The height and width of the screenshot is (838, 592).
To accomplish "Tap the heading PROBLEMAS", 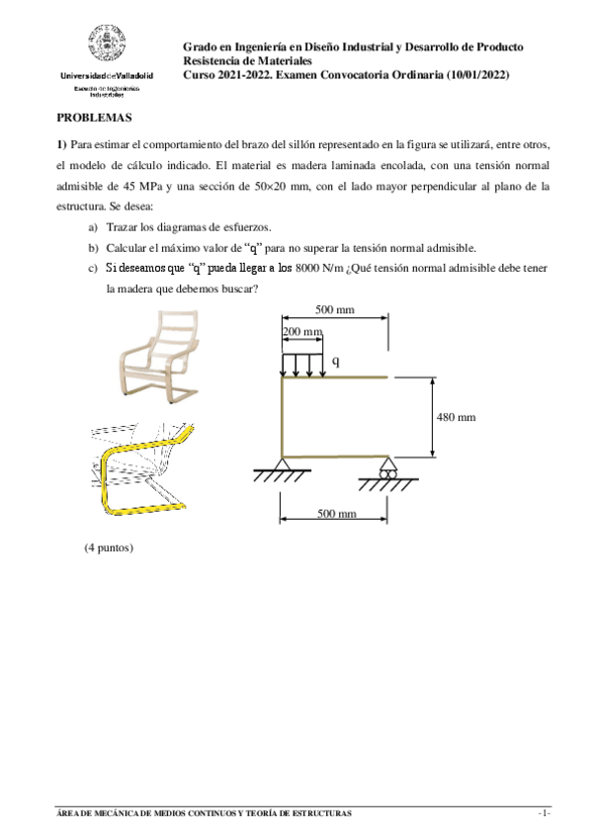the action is tap(94, 117).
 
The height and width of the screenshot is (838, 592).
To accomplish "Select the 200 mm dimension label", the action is tap(303, 331).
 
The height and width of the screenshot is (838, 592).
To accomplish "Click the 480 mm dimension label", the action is tap(456, 417).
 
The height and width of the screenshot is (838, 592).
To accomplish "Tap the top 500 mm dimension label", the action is tap(335, 309).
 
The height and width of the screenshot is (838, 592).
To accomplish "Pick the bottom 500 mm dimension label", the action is tap(335, 514).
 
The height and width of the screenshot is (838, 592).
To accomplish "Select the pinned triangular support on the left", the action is tap(282, 465).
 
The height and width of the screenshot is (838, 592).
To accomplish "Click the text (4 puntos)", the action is tap(108, 546).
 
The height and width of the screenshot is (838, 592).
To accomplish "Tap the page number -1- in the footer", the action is tap(543, 813).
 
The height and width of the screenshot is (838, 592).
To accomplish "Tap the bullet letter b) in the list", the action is tap(93, 248).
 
